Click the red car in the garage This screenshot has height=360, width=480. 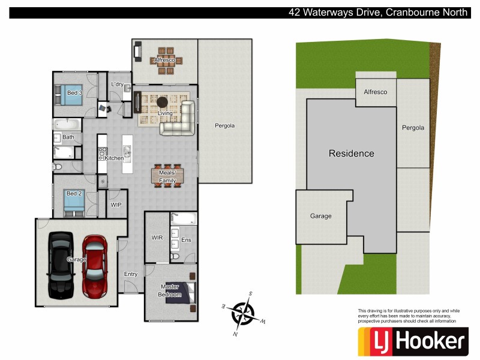[95, 266]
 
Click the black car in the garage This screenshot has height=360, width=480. [61, 265]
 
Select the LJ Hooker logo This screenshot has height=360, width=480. [412, 341]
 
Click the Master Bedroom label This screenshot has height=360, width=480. [169, 290]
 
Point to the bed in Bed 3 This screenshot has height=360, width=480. [71, 94]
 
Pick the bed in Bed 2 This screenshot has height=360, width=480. [74, 203]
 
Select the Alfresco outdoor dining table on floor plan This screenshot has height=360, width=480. [164, 61]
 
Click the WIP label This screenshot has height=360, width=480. [116, 205]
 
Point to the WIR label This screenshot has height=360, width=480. [157, 238]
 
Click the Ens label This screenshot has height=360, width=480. [186, 240]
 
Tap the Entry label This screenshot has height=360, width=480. [131, 274]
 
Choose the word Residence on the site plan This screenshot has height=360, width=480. [351, 154]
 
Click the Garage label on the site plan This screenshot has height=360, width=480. [320, 216]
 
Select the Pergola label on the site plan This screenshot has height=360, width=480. [413, 128]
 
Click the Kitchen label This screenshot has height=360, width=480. [114, 158]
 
